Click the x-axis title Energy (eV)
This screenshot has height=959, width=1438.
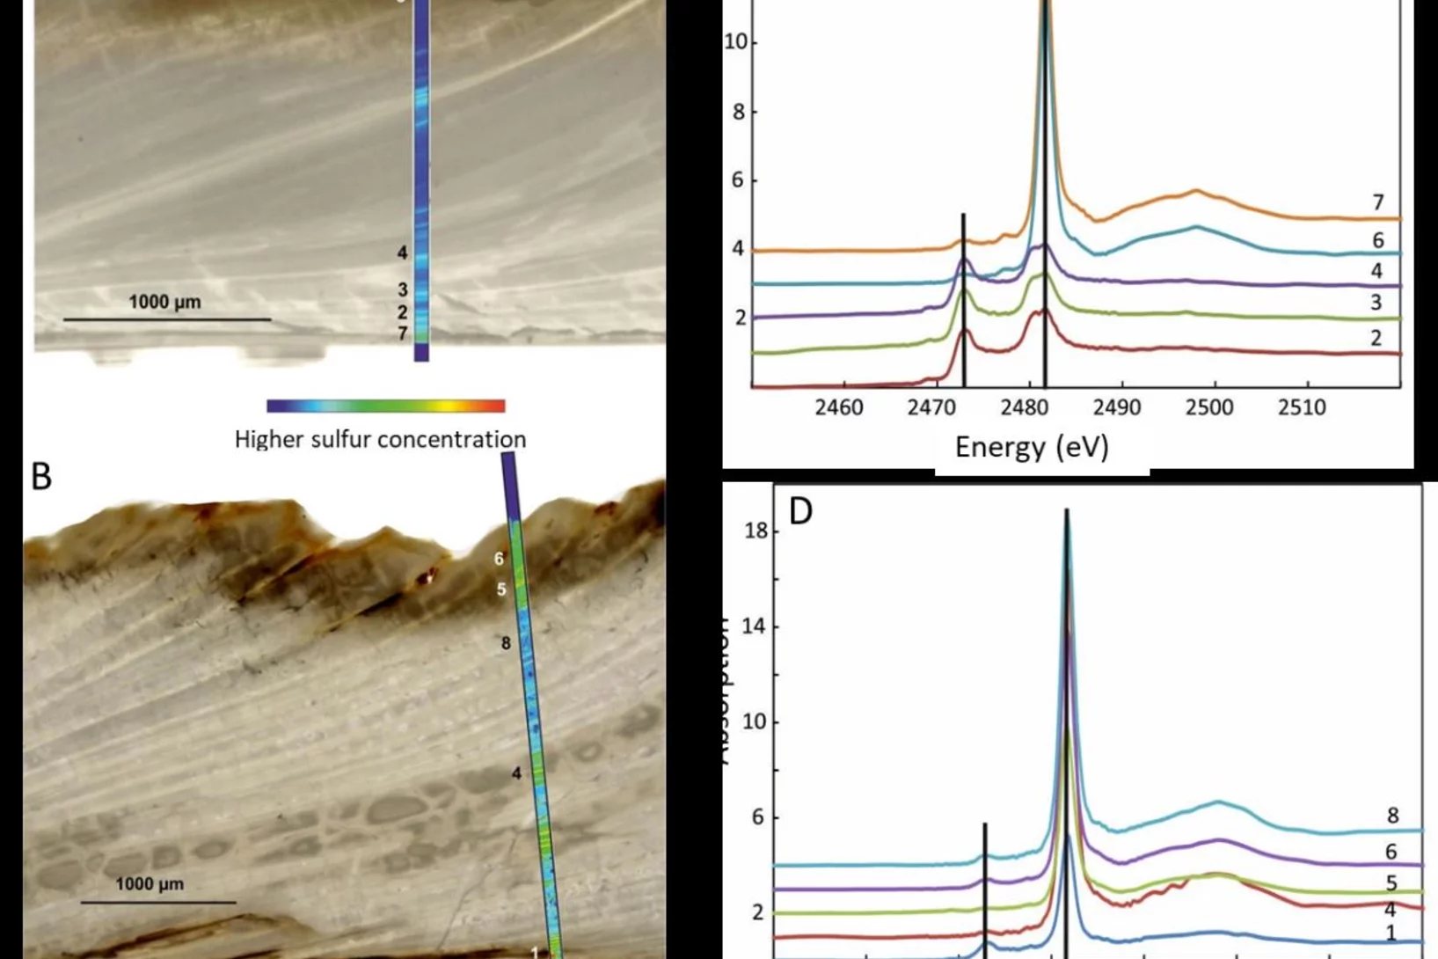tap(1032, 447)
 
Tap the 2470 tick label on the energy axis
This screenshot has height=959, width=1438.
tap(931, 408)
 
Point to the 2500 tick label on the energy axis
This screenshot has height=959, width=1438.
tap(1209, 408)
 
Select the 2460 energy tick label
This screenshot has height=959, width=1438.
tap(838, 408)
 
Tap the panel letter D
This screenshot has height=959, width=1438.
tap(800, 511)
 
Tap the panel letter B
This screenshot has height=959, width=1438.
tap(41, 476)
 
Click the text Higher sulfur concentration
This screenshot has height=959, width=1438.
tap(380, 439)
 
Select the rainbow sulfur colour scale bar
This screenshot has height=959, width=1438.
tap(385, 406)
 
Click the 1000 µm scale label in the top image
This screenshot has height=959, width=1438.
tap(164, 303)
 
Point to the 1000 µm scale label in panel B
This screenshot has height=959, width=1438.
tap(150, 884)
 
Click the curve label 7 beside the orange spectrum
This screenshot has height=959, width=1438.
tap(1378, 203)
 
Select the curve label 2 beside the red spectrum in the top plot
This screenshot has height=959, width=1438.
tap(1376, 338)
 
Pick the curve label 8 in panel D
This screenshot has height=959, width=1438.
tap(1393, 816)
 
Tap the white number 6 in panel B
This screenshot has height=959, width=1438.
tap(499, 559)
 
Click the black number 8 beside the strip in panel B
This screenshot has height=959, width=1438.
tap(506, 644)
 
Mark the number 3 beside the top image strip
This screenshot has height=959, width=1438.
tap(403, 289)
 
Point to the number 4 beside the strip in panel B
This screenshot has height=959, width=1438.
tap(516, 773)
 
